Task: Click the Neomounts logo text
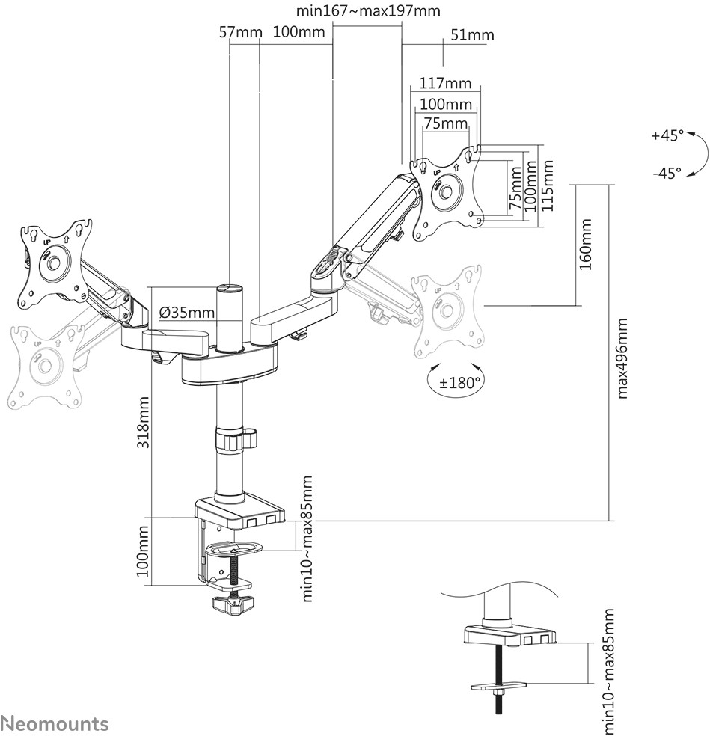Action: (x=55, y=723)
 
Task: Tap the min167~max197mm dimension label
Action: (x=368, y=10)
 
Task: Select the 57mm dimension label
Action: (x=240, y=32)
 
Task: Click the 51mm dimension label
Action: (x=472, y=35)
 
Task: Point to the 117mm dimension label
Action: (x=445, y=83)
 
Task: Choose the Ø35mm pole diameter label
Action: (x=187, y=312)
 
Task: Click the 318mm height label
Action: (x=143, y=423)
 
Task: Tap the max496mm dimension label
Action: (x=622, y=358)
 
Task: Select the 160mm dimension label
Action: (x=586, y=244)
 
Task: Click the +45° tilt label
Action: (x=668, y=135)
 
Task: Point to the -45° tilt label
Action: (x=667, y=174)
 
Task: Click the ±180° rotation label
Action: (x=460, y=383)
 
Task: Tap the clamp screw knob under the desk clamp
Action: (x=233, y=604)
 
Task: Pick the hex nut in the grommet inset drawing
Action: (x=498, y=693)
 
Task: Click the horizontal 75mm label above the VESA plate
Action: (x=446, y=123)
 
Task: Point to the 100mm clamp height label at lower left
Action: (x=143, y=551)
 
